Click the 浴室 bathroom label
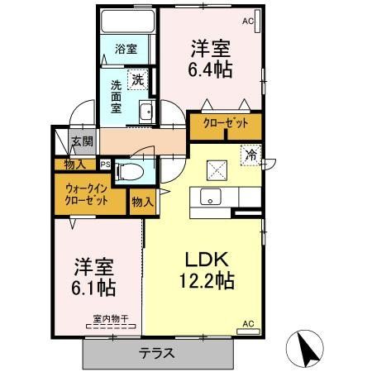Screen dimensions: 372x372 (x=126, y=47)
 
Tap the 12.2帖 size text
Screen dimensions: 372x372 (x=207, y=280)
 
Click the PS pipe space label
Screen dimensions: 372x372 (x=105, y=164)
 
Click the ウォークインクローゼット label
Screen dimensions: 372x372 (x=87, y=194)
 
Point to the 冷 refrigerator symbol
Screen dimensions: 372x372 (x=251, y=154)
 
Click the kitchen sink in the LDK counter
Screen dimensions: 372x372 (x=208, y=198)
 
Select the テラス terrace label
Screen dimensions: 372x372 (x=157, y=353)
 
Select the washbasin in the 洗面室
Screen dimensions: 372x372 (x=146, y=113)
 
